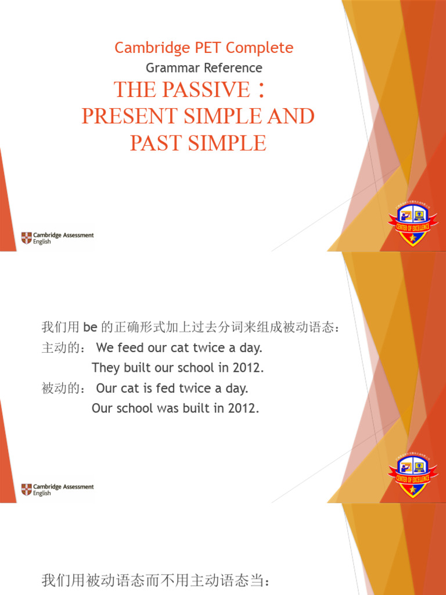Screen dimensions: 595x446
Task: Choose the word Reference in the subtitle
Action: point(232,68)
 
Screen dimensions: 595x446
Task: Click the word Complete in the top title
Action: point(261,48)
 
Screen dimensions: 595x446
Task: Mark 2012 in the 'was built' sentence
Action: point(243,408)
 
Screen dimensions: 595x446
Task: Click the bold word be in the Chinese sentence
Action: point(89,328)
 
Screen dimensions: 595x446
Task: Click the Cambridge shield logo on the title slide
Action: point(27,238)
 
